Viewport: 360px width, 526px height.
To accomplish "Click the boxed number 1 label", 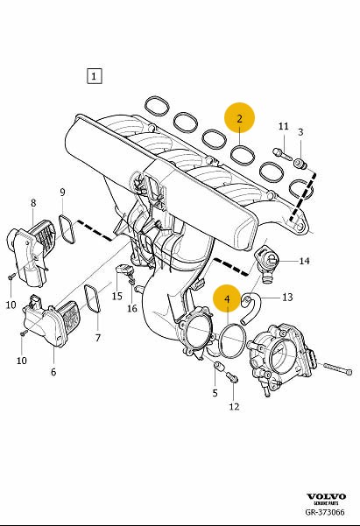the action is click(94, 76).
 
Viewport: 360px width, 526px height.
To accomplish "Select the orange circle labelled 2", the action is click(239, 118).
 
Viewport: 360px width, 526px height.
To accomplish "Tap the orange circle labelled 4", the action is click(228, 298).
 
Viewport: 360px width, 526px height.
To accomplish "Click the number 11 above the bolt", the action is click(284, 127).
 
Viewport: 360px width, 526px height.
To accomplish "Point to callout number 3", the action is click(300, 132).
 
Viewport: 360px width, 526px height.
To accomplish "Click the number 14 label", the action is click(304, 261).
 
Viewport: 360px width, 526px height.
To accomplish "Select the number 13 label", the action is click(288, 298).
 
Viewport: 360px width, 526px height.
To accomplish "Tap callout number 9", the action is click(62, 193).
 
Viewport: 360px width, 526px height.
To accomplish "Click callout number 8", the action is click(33, 203).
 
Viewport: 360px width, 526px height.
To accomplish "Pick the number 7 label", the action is click(98, 338).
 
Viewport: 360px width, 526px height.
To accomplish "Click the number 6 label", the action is click(53, 372).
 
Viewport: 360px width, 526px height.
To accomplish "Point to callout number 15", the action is click(116, 297).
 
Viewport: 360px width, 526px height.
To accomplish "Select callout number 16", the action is click(132, 308).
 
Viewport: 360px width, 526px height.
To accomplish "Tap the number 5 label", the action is click(215, 393).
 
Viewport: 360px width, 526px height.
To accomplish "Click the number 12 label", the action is click(234, 407).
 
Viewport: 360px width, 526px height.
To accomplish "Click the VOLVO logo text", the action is click(327, 497).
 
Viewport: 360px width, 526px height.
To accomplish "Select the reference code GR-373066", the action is click(325, 512).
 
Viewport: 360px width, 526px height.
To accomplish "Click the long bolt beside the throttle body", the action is click(338, 368).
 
